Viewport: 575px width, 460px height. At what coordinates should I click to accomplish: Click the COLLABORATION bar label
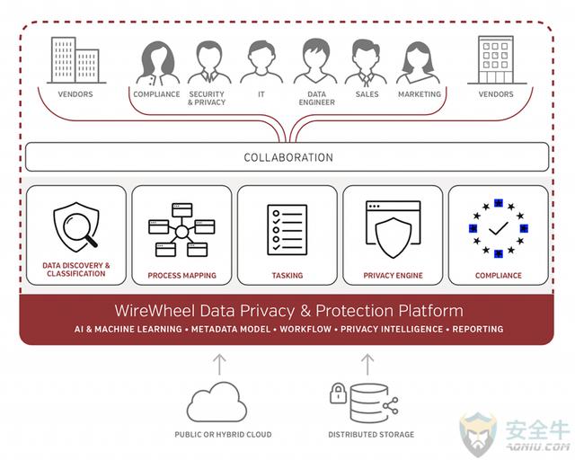pyautogui.click(x=288, y=157)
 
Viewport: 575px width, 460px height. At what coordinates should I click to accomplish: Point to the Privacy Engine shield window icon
pyautogui.click(x=393, y=229)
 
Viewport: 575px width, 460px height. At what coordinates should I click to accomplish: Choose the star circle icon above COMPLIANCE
pyautogui.click(x=497, y=229)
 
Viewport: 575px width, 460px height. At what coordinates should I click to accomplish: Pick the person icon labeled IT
pyautogui.click(x=261, y=61)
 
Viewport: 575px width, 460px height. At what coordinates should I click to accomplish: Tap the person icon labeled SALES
pyautogui.click(x=367, y=61)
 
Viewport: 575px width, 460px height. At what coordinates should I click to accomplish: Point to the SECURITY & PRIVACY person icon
pyautogui.click(x=208, y=61)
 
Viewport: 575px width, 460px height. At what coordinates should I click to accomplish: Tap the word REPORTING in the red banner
pyautogui.click(x=478, y=330)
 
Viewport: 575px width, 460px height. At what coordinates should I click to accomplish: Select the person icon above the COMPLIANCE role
pyautogui.click(x=156, y=61)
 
